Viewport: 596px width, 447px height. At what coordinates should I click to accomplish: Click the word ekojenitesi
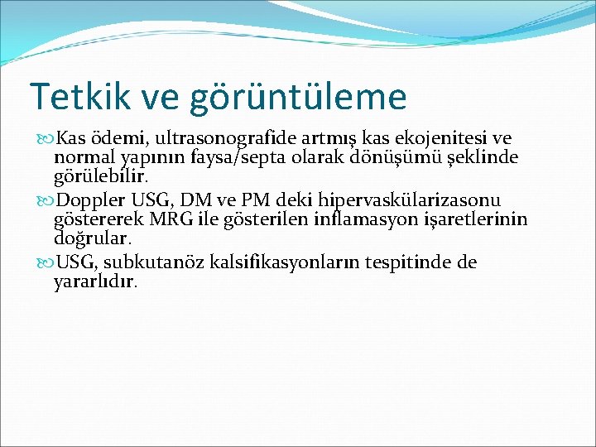tap(446, 137)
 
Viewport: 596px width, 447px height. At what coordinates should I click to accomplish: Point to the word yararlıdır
tap(95, 281)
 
